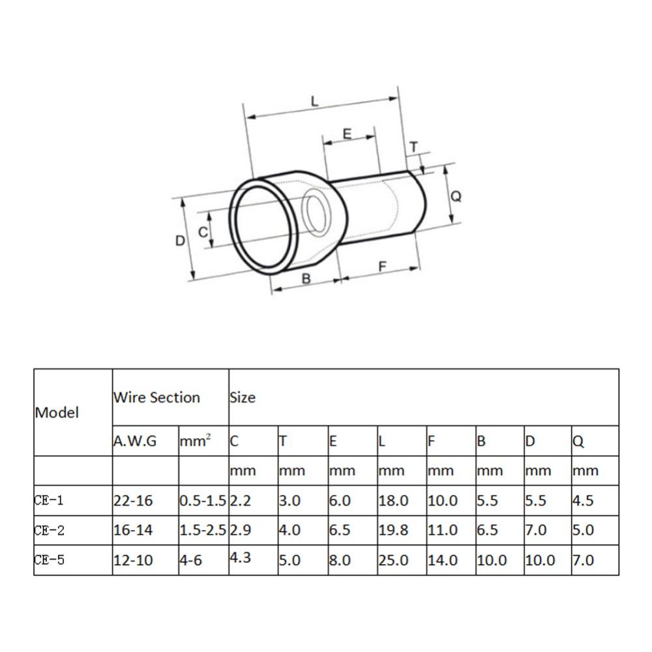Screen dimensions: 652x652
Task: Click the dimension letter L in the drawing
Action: [315, 101]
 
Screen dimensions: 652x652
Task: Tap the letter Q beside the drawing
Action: [456, 196]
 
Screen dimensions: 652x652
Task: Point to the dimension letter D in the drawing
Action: [181, 241]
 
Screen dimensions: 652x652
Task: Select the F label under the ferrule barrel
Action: [383, 266]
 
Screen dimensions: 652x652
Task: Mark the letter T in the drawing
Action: [413, 148]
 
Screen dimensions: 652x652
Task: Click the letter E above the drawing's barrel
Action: [347, 134]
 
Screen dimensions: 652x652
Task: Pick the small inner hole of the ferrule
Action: [318, 213]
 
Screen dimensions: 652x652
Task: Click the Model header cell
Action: [57, 412]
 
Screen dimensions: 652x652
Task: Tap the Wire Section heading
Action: [156, 397]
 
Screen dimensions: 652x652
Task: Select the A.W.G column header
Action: [134, 441]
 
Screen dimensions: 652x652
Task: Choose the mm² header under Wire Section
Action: [195, 441]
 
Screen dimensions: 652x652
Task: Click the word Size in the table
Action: [243, 397]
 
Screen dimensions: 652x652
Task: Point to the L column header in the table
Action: [382, 441]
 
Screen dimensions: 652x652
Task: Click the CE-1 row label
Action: [50, 501]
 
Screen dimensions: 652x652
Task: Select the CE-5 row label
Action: [50, 560]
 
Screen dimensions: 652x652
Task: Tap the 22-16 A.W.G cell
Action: [133, 501]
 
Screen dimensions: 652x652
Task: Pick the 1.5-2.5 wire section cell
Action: [203, 531]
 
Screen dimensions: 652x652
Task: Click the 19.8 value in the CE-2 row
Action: [393, 531]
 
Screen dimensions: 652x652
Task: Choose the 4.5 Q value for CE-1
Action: [583, 501]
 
